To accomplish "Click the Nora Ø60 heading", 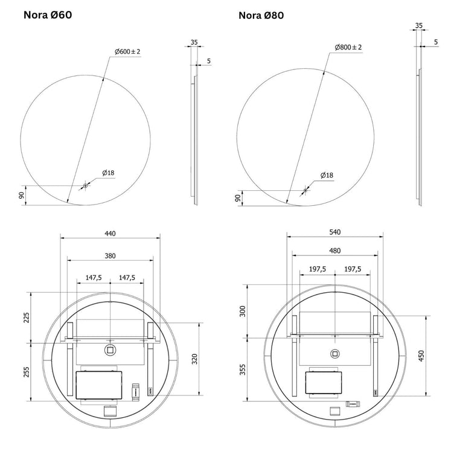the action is [x=48, y=14].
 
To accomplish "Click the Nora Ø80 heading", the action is [x=261, y=15].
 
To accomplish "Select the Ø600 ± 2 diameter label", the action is [x=127, y=51].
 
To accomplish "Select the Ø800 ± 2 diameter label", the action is [x=348, y=47].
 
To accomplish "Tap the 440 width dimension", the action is [x=110, y=234].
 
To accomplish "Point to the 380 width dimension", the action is [x=110, y=255].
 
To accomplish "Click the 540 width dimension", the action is [x=335, y=232].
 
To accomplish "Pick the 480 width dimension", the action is [x=335, y=251].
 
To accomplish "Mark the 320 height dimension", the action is [x=194, y=359].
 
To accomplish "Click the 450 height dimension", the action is [x=421, y=356].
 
